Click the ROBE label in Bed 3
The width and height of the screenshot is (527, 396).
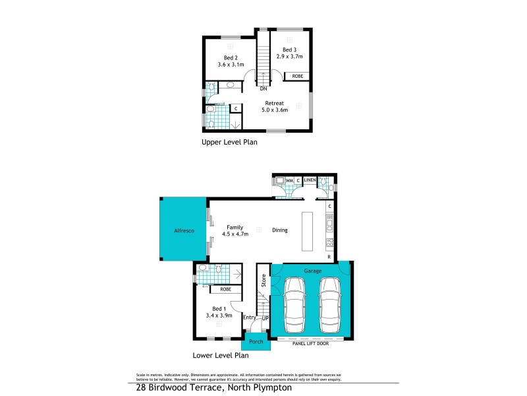coord(298,77)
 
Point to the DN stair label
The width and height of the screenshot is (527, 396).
coord(263,88)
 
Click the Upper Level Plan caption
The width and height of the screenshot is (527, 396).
coord(229,142)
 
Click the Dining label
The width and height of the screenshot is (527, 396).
coord(280,230)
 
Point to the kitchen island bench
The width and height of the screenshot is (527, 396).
coord(308,231)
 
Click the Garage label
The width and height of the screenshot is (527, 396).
coord(312,271)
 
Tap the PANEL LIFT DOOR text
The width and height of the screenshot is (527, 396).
coord(312,342)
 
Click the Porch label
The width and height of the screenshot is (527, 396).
coord(255,341)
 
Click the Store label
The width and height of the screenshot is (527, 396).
coord(262,280)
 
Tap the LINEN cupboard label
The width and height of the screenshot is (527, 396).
coord(310,180)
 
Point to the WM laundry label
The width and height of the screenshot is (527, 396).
coord(289,180)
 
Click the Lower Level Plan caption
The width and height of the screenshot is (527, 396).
coord(220,355)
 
